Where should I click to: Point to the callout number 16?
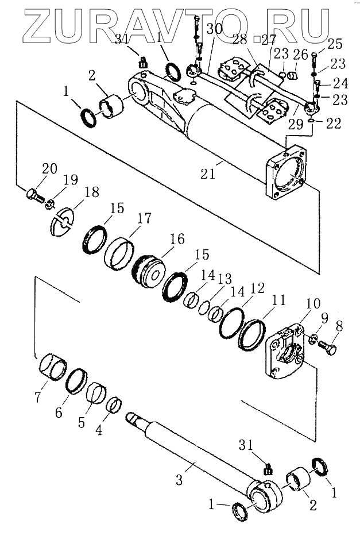[178, 239]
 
